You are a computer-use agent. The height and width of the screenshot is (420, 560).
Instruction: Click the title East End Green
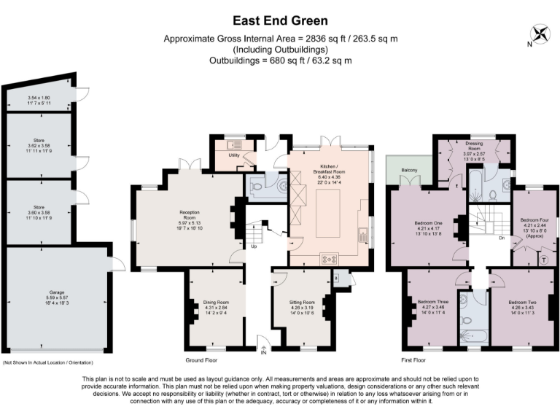point(280,21)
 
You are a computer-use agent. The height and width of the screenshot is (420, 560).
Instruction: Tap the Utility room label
point(235,155)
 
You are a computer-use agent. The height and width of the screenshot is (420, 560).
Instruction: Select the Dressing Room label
point(474,146)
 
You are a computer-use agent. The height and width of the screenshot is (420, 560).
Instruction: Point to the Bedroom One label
point(430,222)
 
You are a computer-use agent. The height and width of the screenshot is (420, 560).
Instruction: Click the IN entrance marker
point(265,355)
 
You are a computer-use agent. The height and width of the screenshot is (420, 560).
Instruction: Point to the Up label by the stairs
point(254,246)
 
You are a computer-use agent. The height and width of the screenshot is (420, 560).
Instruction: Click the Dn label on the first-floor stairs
point(502,238)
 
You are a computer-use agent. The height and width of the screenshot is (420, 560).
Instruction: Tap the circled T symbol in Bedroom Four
point(544,259)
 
